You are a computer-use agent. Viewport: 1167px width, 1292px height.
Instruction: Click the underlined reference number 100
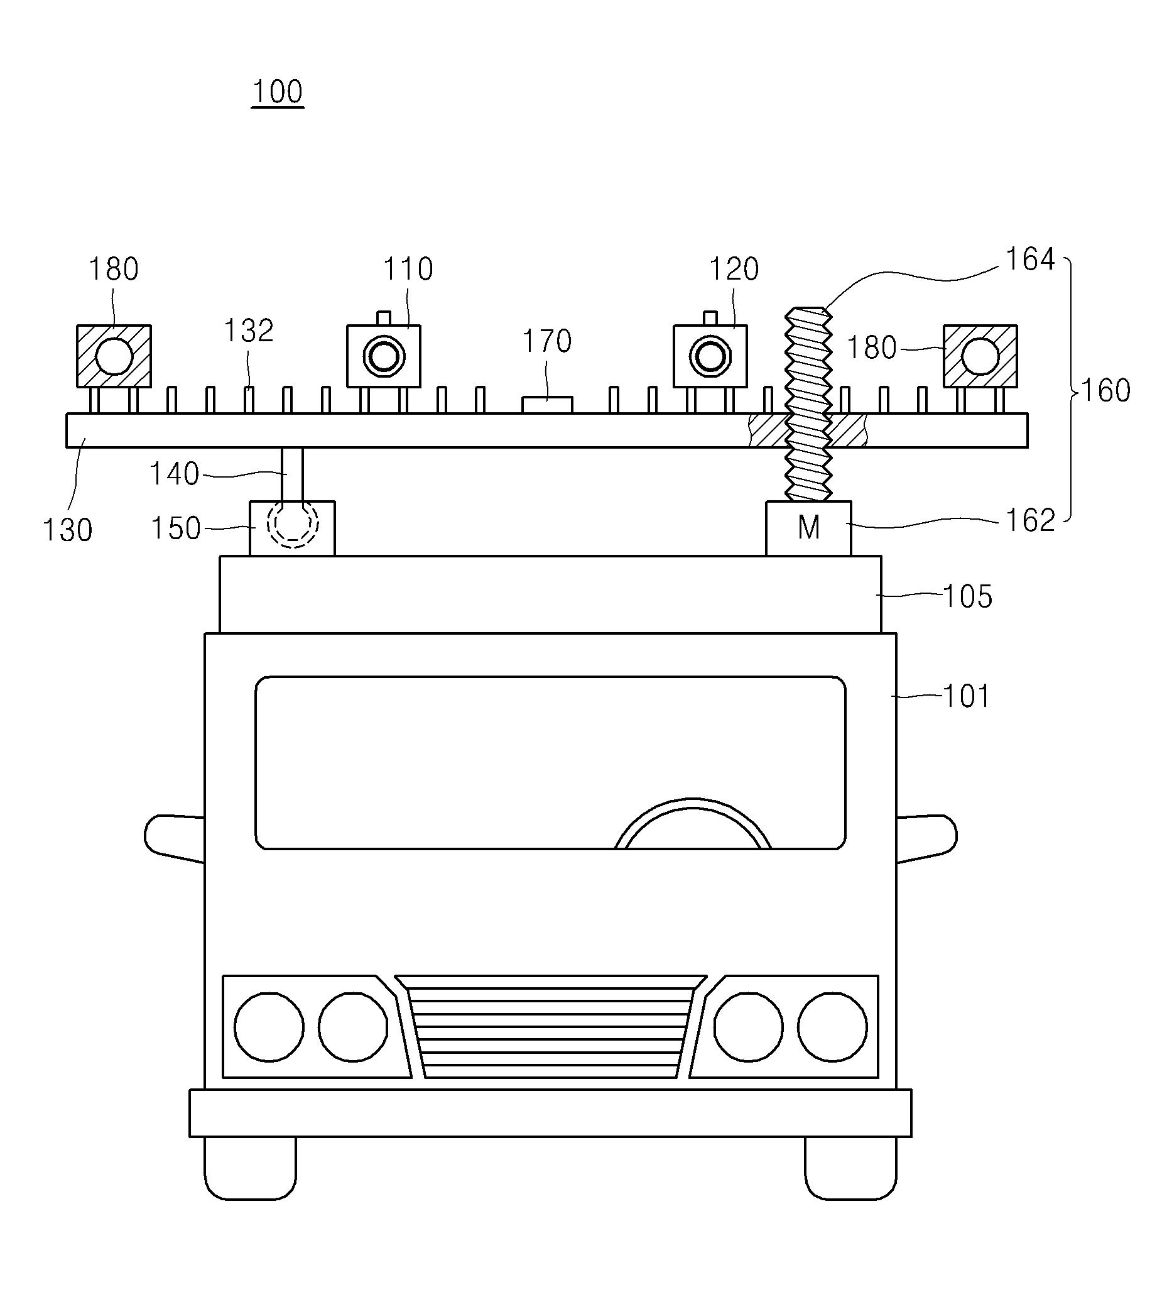tap(278, 92)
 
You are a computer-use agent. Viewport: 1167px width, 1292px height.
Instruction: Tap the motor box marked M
tap(808, 528)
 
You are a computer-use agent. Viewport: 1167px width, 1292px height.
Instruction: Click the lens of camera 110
tap(384, 356)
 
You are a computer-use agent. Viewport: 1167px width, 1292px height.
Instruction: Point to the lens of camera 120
tap(710, 356)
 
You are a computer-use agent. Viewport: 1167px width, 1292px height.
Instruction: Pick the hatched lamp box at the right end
tap(980, 356)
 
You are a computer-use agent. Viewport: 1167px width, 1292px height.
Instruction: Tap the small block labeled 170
tap(547, 405)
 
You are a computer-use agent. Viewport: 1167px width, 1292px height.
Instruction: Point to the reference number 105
tap(968, 596)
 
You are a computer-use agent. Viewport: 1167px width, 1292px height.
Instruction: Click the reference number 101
tap(967, 697)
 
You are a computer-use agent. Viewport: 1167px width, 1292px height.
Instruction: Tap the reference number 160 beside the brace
tap(1106, 390)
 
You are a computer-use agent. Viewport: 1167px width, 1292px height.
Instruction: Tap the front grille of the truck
tap(550, 1027)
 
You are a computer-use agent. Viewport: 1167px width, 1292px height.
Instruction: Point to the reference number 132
tap(249, 331)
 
